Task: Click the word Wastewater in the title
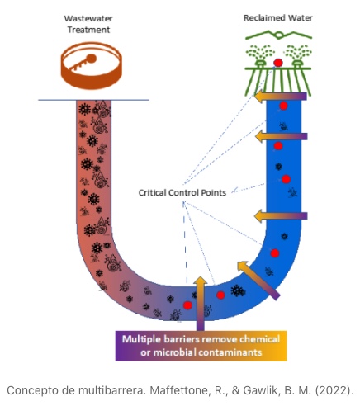88,18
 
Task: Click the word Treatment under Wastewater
88,30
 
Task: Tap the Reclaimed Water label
278,18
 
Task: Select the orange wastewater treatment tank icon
92,65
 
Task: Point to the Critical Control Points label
182,192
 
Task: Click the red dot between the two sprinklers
278,63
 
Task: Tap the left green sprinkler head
260,64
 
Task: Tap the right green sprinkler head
296,64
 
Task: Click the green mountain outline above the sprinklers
278,35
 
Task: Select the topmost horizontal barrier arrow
281,97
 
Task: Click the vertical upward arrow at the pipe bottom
201,304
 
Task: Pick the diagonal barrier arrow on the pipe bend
258,280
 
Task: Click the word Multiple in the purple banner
141,339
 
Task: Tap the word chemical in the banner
259,339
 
